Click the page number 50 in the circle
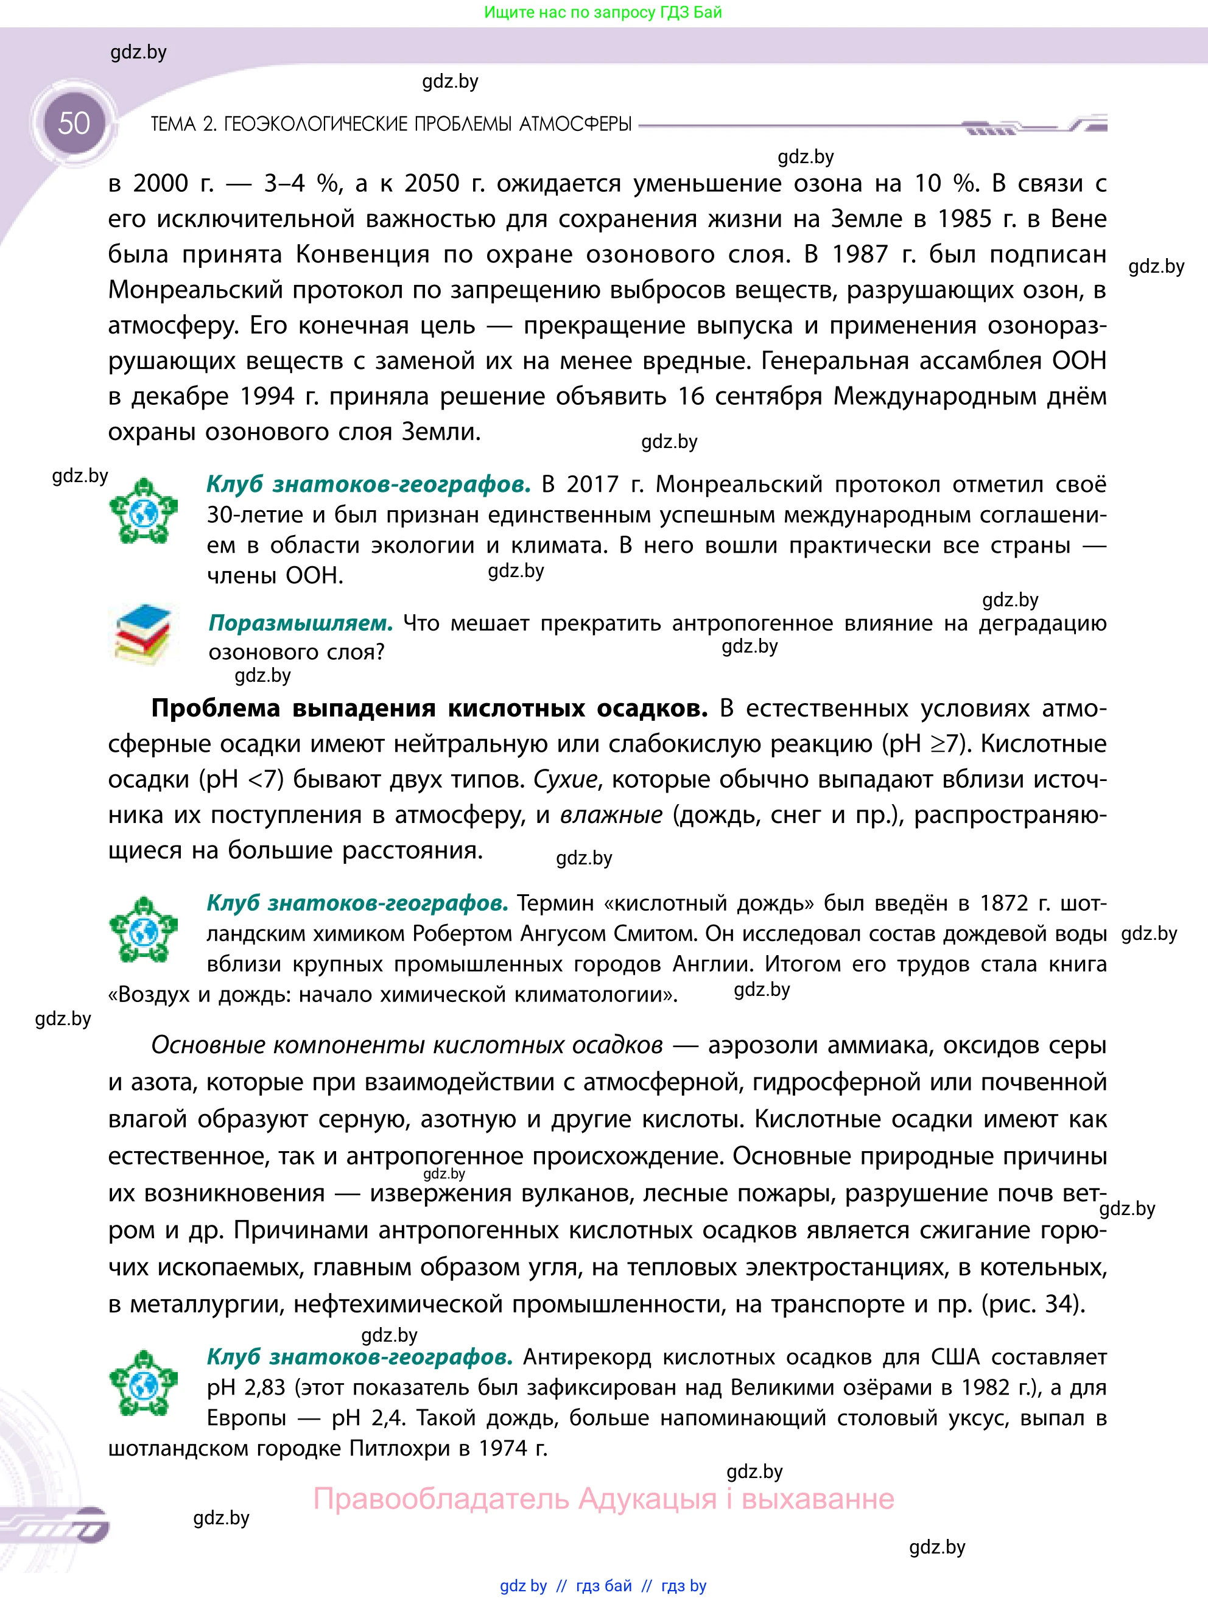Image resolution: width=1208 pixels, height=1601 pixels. [74, 124]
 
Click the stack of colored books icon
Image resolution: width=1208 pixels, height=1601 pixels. [143, 634]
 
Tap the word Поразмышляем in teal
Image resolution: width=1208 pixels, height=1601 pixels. [300, 623]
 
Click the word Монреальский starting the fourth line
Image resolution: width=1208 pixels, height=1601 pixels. [195, 290]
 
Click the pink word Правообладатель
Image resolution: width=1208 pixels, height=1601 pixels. [441, 1498]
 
